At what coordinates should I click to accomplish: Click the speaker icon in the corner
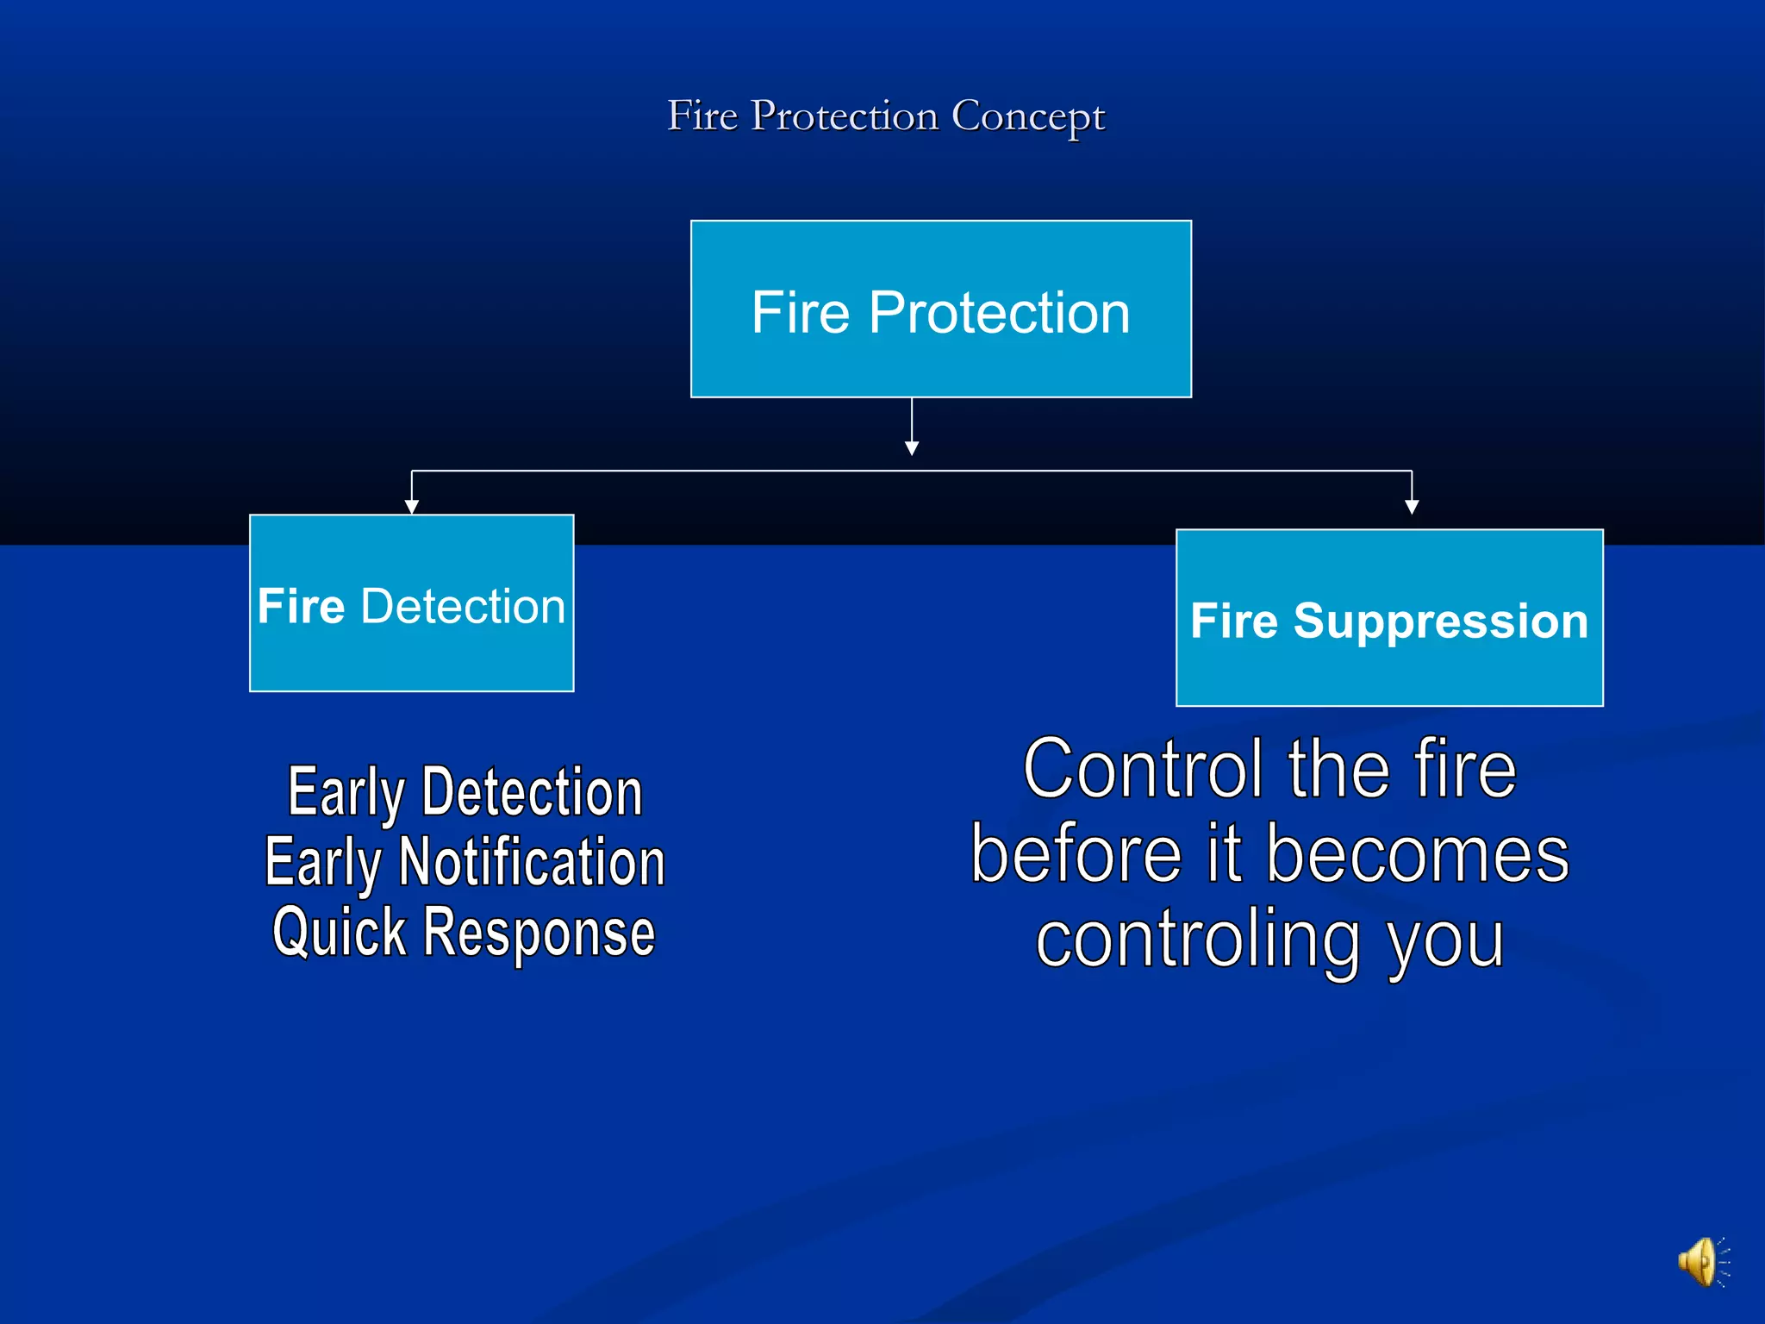(x=1700, y=1263)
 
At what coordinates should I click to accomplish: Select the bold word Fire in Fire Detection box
(x=301, y=606)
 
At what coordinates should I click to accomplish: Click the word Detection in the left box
(x=463, y=606)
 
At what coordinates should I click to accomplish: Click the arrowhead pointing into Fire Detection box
(x=412, y=507)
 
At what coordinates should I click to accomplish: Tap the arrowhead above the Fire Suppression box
(x=1412, y=507)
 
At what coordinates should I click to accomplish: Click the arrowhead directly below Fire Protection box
(x=912, y=448)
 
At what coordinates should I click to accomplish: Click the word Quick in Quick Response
(x=339, y=933)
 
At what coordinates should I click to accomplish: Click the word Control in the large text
(x=1143, y=769)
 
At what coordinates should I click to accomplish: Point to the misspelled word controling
(x=1198, y=940)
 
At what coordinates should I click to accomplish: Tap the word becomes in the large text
(x=1418, y=854)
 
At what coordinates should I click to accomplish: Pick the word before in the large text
(x=1076, y=854)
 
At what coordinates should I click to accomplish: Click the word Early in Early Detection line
(x=346, y=793)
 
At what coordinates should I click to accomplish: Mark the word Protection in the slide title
(x=844, y=116)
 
